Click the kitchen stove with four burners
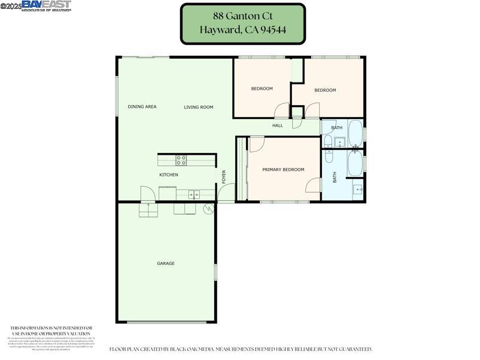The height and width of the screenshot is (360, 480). coord(181,160)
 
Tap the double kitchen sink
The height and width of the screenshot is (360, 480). coord(194,194)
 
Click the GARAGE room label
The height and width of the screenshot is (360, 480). coord(166,263)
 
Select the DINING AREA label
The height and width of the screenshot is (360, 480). coord(142,107)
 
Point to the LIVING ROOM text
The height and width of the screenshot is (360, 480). coord(198,107)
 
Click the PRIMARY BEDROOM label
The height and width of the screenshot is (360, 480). coord(283,170)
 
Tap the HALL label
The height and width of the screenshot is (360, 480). coord(277,126)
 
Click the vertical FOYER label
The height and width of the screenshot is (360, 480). coord(224,176)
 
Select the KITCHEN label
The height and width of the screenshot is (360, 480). coord(168,175)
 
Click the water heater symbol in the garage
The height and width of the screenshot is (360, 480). coord(208,209)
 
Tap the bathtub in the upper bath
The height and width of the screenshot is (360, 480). coord(355,133)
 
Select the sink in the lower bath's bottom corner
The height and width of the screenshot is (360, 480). coord(357,190)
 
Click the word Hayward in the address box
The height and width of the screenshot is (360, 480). coord(220,30)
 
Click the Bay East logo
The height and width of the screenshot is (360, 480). coord(46,5)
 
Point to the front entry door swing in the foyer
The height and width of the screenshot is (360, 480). coord(226,193)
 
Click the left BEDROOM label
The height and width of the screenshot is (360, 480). coord(262,89)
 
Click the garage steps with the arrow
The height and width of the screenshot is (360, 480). coord(148,210)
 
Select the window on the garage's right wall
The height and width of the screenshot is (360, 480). coord(215,273)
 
